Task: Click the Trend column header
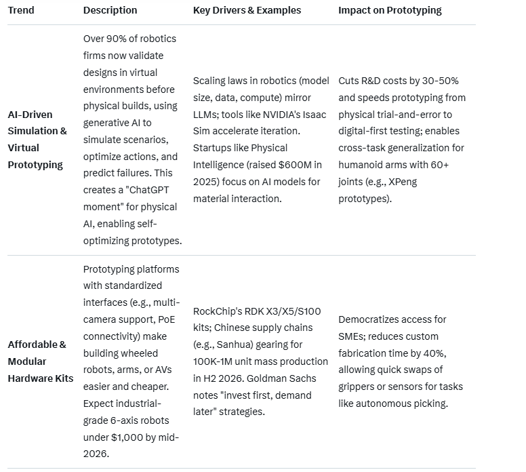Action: [x=21, y=10]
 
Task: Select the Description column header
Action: [x=110, y=10]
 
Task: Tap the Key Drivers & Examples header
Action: [x=247, y=10]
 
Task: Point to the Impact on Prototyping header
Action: [x=390, y=10]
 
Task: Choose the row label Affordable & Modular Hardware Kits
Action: [x=40, y=361]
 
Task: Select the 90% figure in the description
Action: [x=120, y=39]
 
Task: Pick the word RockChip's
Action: [x=216, y=311]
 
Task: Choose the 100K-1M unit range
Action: [x=218, y=361]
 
